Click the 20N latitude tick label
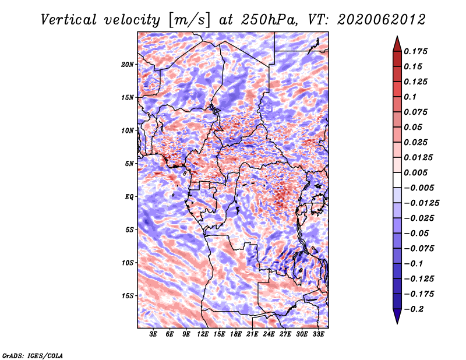tap(127, 65)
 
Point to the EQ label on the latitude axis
tap(129, 197)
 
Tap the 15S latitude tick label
tap(127, 296)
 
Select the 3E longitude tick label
tap(153, 334)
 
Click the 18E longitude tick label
tap(236, 334)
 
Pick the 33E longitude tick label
tap(318, 334)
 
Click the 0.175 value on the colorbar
tap(415, 51)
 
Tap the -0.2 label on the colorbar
tap(414, 309)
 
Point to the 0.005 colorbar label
tap(415, 172)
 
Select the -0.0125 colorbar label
tap(421, 203)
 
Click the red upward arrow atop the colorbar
tap(397, 44)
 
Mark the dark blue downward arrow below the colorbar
tap(397, 316)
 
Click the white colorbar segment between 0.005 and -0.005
tap(397, 180)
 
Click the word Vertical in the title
tap(68, 20)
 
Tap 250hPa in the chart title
tap(269, 20)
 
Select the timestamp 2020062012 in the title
tap(381, 20)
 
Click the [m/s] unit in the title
tap(189, 20)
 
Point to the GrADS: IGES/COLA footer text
tap(33, 355)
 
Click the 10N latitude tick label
tap(127, 130)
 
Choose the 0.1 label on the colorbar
tap(410, 97)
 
